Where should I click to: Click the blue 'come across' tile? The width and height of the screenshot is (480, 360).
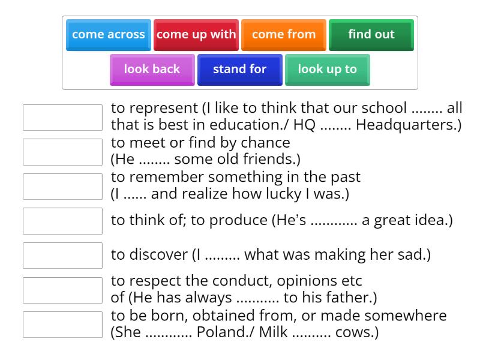109,35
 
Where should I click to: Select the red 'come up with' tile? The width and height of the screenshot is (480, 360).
196,35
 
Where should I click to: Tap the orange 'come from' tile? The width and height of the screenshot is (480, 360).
284,35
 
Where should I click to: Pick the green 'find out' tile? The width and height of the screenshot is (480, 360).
371,35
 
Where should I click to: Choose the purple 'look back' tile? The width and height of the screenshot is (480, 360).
152,70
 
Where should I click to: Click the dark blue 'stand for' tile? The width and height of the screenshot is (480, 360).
239,70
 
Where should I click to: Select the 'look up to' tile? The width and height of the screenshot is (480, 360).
327,70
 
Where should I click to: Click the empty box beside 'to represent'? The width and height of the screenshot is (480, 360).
62,118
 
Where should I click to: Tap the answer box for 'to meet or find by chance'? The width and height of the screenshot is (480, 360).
62,152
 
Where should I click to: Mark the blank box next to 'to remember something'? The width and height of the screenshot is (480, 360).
62,187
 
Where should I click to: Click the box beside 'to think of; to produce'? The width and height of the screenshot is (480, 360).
62,221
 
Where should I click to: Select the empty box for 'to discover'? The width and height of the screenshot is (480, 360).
62,256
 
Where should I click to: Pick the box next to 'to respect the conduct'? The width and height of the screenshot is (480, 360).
62,290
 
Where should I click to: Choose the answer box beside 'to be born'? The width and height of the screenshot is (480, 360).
62,325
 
